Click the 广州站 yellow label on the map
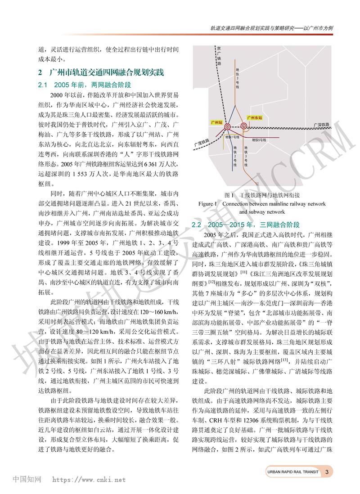click(x=218, y=122)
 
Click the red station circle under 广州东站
click(x=243, y=126)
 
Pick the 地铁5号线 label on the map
click(x=259, y=140)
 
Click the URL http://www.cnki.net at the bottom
click(x=90, y=480)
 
